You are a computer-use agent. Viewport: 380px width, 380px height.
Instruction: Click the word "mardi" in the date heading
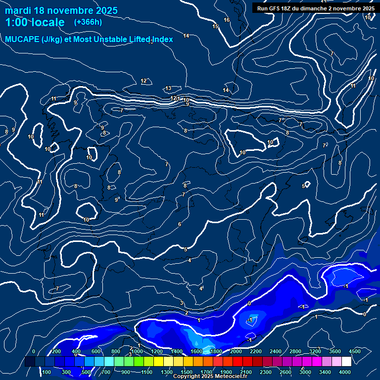point(18,10)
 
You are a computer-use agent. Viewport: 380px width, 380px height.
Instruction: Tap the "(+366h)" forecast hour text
point(88,22)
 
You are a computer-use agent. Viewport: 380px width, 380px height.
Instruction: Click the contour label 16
point(227,20)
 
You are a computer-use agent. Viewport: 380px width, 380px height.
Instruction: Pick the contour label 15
point(215,26)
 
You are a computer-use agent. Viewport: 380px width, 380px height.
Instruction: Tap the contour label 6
point(180,224)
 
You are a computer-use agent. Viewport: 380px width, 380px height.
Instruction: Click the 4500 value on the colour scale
point(355,351)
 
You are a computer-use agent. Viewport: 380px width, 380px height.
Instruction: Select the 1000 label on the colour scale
point(137,351)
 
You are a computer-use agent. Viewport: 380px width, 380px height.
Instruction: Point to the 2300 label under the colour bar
point(266,372)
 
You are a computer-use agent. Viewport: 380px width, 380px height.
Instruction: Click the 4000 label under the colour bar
point(345,372)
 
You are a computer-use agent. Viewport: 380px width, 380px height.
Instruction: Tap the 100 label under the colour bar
point(47,372)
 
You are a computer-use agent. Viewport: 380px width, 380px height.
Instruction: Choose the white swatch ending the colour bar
point(346,362)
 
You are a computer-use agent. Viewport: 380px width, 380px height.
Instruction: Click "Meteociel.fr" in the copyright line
point(231,377)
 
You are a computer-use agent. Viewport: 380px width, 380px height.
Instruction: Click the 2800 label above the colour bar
point(295,351)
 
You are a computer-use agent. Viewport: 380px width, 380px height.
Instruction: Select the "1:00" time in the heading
point(17,22)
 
